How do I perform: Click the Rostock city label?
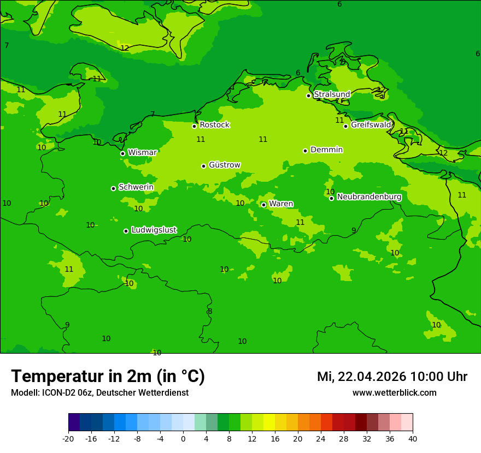(x=214, y=125)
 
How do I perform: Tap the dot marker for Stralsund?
(x=308, y=96)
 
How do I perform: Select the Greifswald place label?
(x=371, y=125)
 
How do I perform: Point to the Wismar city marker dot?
(x=123, y=153)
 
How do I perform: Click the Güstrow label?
(x=224, y=165)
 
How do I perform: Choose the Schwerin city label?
(x=136, y=187)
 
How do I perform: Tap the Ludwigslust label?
(x=154, y=230)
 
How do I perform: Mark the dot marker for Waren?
(x=263, y=205)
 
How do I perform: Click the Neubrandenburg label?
(x=369, y=196)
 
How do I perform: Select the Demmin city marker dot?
(x=305, y=151)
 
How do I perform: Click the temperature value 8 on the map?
(x=210, y=311)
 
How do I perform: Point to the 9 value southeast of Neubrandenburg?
(x=354, y=230)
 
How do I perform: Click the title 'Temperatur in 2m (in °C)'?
(x=108, y=376)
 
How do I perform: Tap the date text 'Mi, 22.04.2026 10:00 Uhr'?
(x=392, y=377)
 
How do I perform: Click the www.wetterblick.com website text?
(x=394, y=393)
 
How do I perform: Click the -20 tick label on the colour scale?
(x=68, y=439)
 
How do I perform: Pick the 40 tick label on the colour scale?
(x=413, y=439)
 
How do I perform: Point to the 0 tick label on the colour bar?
(x=183, y=439)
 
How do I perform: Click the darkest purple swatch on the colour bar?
(x=74, y=422)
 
